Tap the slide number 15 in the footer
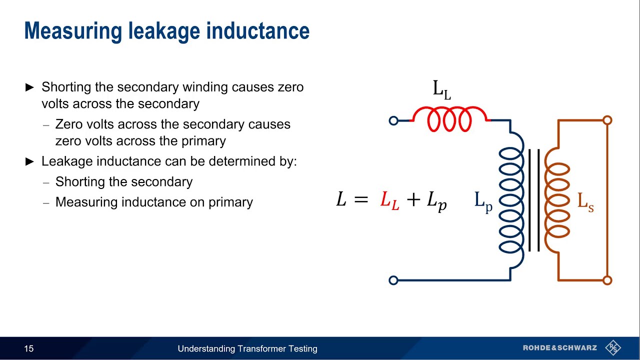click(x=29, y=348)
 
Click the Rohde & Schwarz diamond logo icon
click(x=613, y=348)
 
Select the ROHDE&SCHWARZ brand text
click(x=560, y=348)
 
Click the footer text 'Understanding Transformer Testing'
click(x=247, y=348)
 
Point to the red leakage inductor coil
click(x=449, y=119)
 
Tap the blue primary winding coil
click(x=511, y=200)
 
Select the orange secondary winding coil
click(x=556, y=200)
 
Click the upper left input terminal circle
click(x=393, y=120)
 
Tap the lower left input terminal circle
click(x=393, y=280)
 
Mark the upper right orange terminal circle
click(x=607, y=120)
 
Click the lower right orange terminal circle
click(x=607, y=280)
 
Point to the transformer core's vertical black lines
click(x=534, y=200)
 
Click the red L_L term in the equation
click(x=389, y=200)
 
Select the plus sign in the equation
click(x=413, y=200)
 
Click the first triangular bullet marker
click(x=29, y=87)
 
